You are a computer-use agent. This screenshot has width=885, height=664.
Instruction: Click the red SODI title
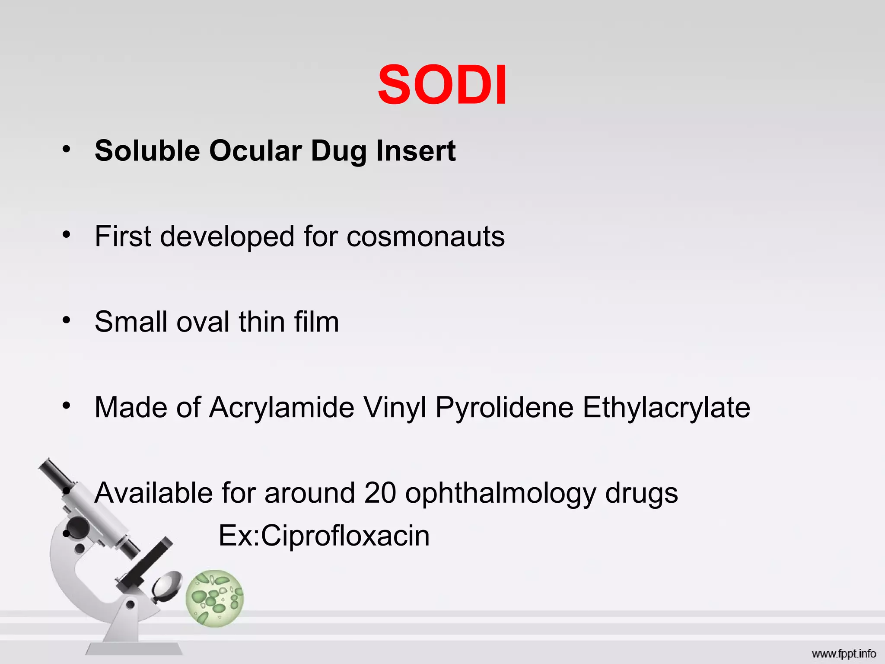[442, 85]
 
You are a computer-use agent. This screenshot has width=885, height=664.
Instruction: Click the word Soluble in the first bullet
[147, 151]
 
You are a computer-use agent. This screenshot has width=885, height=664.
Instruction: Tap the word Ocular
[255, 151]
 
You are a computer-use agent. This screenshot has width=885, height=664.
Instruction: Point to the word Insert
[416, 151]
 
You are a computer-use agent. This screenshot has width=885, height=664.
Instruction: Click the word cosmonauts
[425, 237]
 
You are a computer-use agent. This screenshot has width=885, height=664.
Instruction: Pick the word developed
[227, 237]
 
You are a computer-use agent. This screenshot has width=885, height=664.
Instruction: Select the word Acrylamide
[282, 408]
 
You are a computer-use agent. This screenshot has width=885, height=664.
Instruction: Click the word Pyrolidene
[504, 408]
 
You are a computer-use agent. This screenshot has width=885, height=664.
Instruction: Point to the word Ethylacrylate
[666, 408]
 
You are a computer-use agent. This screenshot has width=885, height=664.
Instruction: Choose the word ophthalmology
[500, 494]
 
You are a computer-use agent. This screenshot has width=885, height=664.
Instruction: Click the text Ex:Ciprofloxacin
[324, 536]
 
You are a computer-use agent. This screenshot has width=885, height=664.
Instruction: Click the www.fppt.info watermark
[844, 654]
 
